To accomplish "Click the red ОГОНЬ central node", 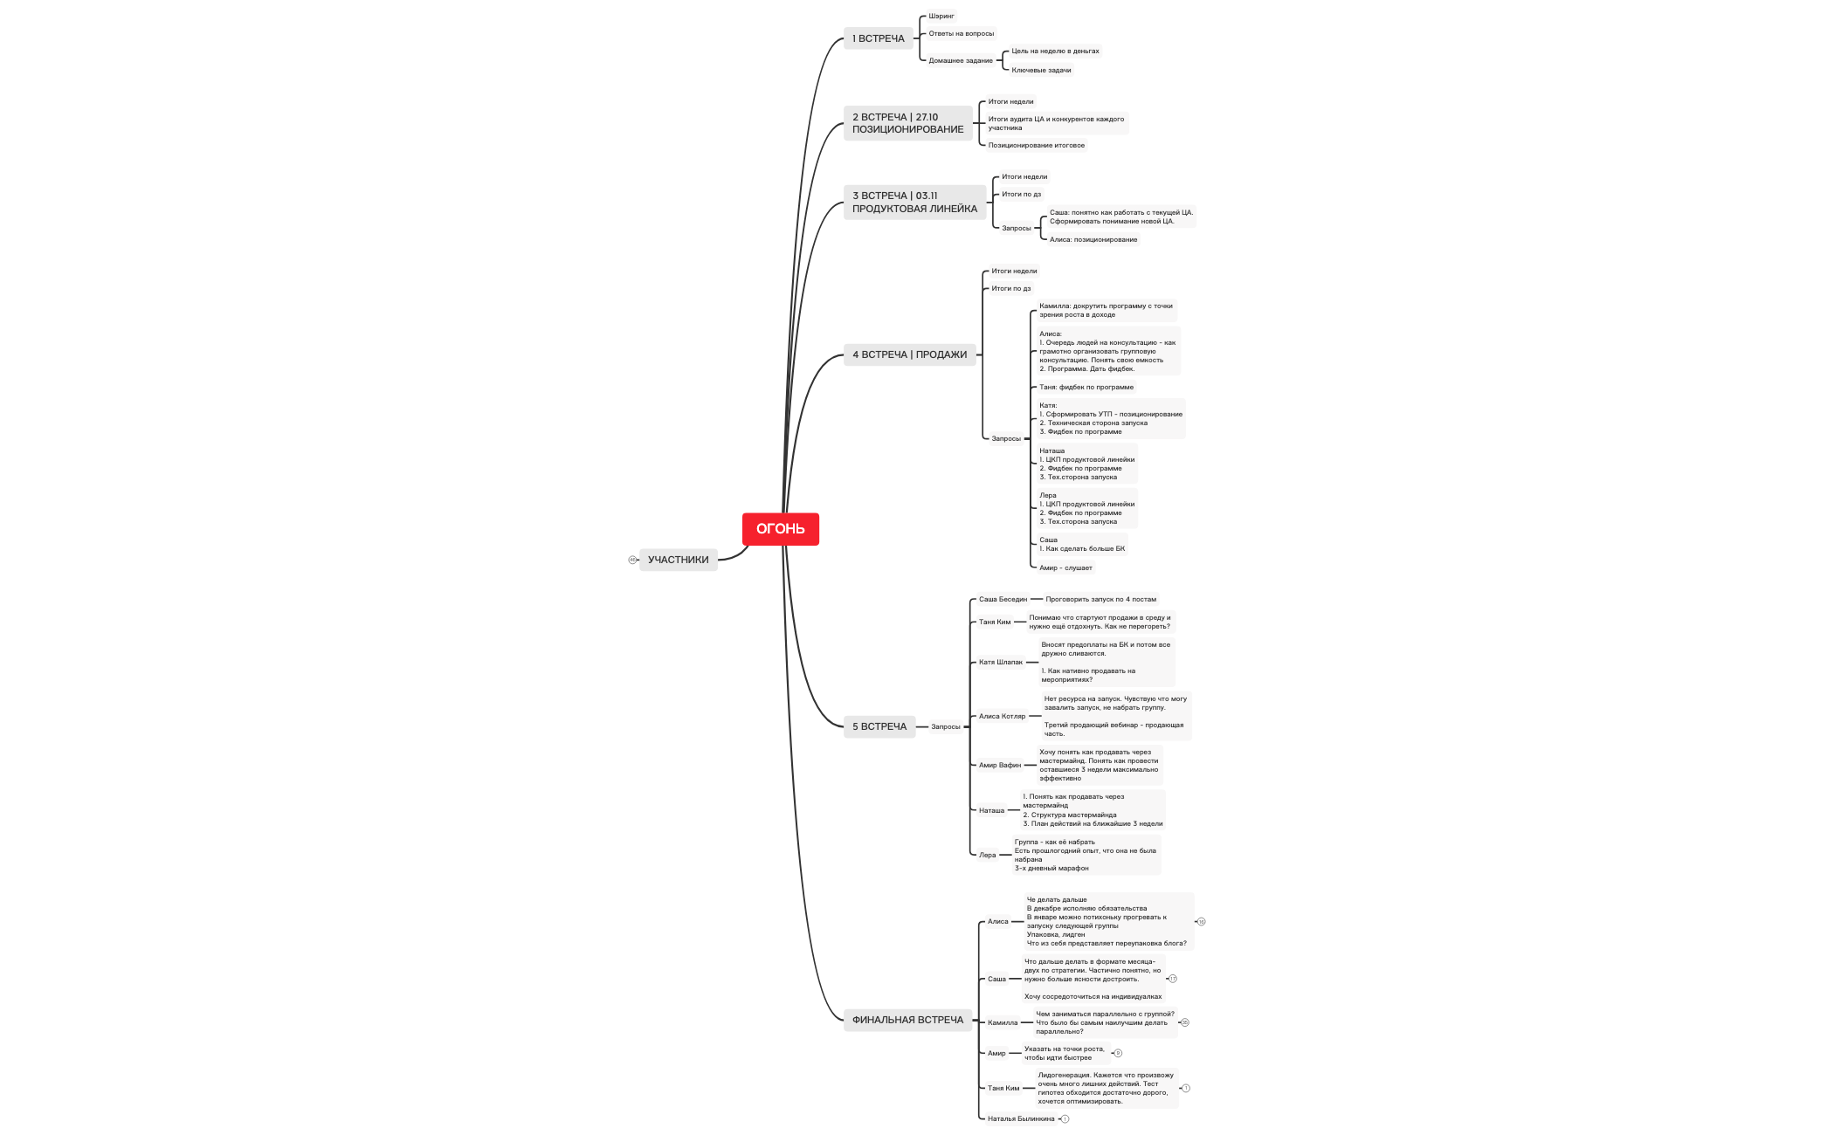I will pos(780,529).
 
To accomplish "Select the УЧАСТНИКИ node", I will pos(678,560).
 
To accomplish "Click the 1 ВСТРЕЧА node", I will pos(878,38).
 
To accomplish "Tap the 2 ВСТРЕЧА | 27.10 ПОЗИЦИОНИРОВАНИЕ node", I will pos(907,123).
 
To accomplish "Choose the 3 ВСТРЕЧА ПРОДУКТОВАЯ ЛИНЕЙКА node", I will pos(914,203).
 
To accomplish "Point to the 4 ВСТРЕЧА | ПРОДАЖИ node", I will pos(909,354).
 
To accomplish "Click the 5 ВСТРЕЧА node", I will pos(879,726).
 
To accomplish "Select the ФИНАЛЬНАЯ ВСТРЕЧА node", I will pos(907,1020).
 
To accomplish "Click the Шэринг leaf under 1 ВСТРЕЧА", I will pos(941,16).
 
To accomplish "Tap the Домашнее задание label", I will pos(960,60).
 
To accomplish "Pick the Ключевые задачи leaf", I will pos(1041,70).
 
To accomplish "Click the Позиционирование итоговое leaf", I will pos(1036,145).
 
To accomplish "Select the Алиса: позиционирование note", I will pos(1093,239).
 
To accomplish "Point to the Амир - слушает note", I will pos(1065,567).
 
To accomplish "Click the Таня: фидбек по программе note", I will pos(1086,387).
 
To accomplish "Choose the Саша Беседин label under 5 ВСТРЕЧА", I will pos(1003,599).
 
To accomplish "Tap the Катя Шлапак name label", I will pos(1000,662).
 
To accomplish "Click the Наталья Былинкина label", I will pos(1020,1118).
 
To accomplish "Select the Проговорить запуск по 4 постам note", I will pos(1100,599).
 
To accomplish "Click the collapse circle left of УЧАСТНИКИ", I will pos(632,560).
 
